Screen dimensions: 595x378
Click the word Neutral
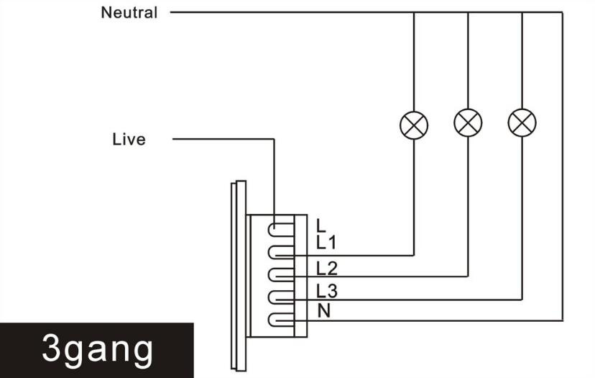coord(129,12)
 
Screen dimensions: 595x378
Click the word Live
coord(129,139)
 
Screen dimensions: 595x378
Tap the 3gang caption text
coord(98,349)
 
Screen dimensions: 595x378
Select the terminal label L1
coord(326,242)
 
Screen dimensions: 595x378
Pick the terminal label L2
coord(327,269)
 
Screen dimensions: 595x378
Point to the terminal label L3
coord(327,292)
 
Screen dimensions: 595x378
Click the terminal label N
coord(324,311)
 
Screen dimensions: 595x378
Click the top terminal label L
coord(321,225)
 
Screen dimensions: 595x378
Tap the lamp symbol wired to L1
coord(414,125)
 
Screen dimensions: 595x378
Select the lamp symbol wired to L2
coord(468,123)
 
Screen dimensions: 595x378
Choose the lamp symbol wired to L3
coord(522,123)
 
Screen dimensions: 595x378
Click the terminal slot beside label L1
coord(281,253)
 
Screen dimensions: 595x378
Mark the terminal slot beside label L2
coord(281,274)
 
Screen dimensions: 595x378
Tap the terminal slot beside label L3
coord(281,297)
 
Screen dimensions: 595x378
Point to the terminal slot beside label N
coord(281,320)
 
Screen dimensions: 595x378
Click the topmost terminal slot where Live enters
coord(281,229)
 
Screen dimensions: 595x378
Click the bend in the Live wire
coord(274,139)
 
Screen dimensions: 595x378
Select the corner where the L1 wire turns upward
coord(414,255)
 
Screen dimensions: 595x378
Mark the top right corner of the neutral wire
coord(563,12)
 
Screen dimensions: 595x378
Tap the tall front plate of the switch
coord(239,276)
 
